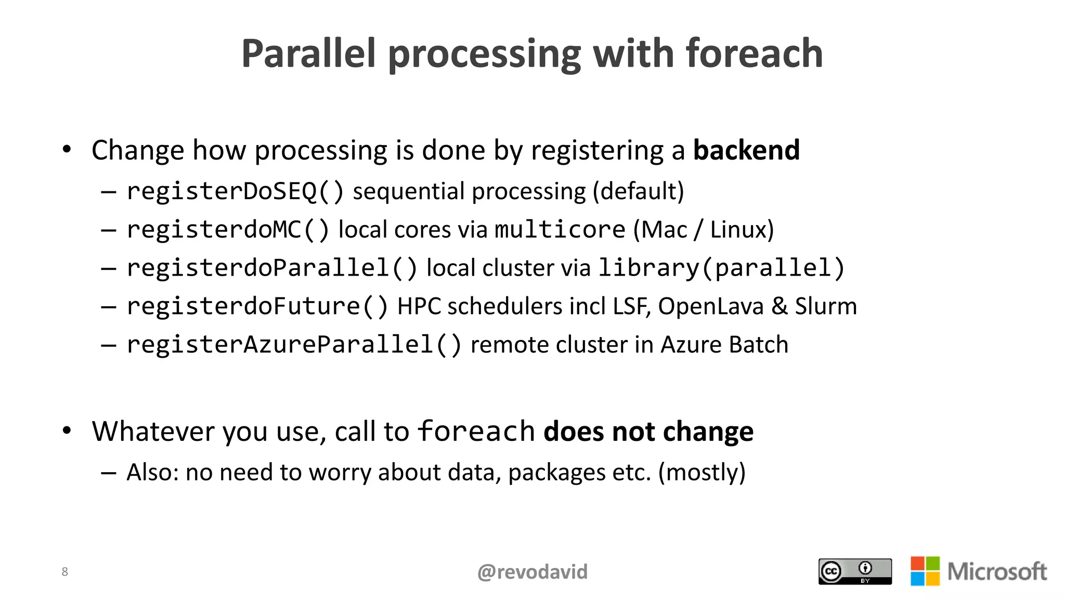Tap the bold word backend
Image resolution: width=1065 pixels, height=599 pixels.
[x=746, y=150]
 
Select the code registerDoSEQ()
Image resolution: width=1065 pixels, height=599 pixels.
[x=235, y=191]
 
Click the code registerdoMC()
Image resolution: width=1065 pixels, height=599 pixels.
[x=228, y=230]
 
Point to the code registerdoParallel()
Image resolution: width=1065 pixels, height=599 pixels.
[x=272, y=268]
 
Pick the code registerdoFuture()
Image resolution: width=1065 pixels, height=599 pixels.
[x=257, y=306]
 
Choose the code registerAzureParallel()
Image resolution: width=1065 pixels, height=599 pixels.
[x=294, y=345]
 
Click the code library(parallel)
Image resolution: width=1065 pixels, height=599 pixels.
[x=721, y=268]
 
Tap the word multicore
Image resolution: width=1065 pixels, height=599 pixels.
[x=560, y=230]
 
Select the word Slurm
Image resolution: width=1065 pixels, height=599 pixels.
[x=826, y=306]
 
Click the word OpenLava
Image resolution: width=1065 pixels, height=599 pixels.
[x=710, y=306]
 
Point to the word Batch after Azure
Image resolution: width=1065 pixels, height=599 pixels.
[x=759, y=345]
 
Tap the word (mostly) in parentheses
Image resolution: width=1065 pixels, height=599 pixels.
[x=702, y=472]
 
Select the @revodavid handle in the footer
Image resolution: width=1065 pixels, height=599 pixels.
[x=532, y=572]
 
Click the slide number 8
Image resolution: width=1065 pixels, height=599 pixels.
[x=64, y=572]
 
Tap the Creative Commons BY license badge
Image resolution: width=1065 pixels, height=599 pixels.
[x=855, y=571]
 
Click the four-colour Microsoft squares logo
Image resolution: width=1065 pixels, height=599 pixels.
[x=925, y=571]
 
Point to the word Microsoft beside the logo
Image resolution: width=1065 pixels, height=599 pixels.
[x=997, y=571]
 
